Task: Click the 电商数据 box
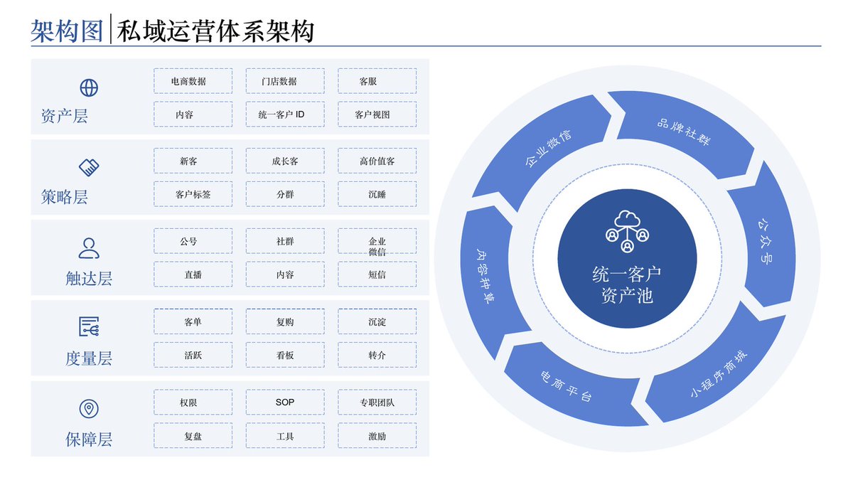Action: pos(193,81)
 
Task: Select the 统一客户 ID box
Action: pos(285,114)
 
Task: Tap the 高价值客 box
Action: pos(377,161)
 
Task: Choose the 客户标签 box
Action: pos(193,194)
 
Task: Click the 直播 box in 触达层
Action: pos(193,274)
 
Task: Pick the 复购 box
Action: pos(285,322)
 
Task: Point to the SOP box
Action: pos(285,402)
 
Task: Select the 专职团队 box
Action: pos(377,402)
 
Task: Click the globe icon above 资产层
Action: pos(89,88)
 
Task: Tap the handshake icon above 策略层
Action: pos(89,168)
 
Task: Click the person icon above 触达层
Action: pos(89,248)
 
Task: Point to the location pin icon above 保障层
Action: pos(89,408)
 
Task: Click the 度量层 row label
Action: pos(89,359)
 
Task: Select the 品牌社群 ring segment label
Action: pos(684,132)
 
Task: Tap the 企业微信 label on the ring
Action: pos(548,148)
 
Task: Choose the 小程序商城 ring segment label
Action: pos(719,375)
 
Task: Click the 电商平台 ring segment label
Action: pos(566,386)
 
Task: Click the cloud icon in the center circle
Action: pos(627,231)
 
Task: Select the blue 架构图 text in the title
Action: pos(67,31)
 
